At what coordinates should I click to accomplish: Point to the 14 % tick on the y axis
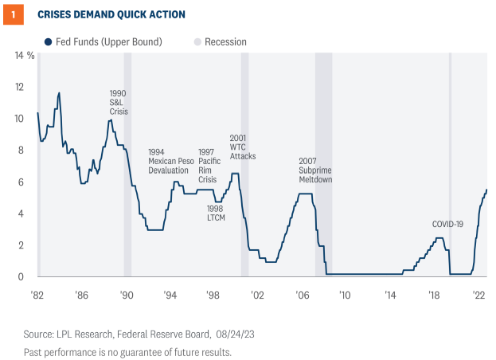[25, 55]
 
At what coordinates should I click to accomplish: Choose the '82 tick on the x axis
[37, 294]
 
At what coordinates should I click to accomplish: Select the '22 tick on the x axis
[479, 294]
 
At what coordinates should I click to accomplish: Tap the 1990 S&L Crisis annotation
[118, 102]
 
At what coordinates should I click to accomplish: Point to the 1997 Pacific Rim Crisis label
[213, 165]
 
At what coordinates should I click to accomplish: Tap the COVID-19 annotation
[447, 224]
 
